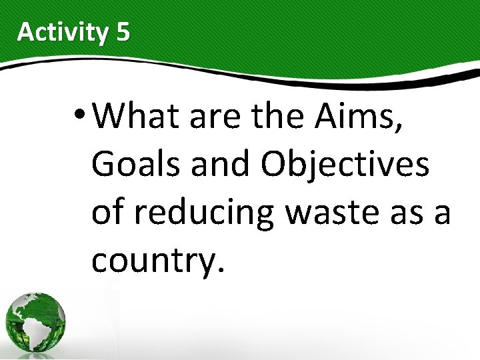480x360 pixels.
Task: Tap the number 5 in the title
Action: [123, 32]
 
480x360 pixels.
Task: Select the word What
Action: [137, 117]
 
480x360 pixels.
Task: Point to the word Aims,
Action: [367, 117]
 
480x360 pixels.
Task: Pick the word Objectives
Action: [345, 165]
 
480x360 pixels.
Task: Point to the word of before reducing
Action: [107, 213]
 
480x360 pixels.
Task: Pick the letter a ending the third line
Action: [442, 215]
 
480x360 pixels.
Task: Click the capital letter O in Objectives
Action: [275, 165]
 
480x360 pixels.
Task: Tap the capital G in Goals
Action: [104, 165]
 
